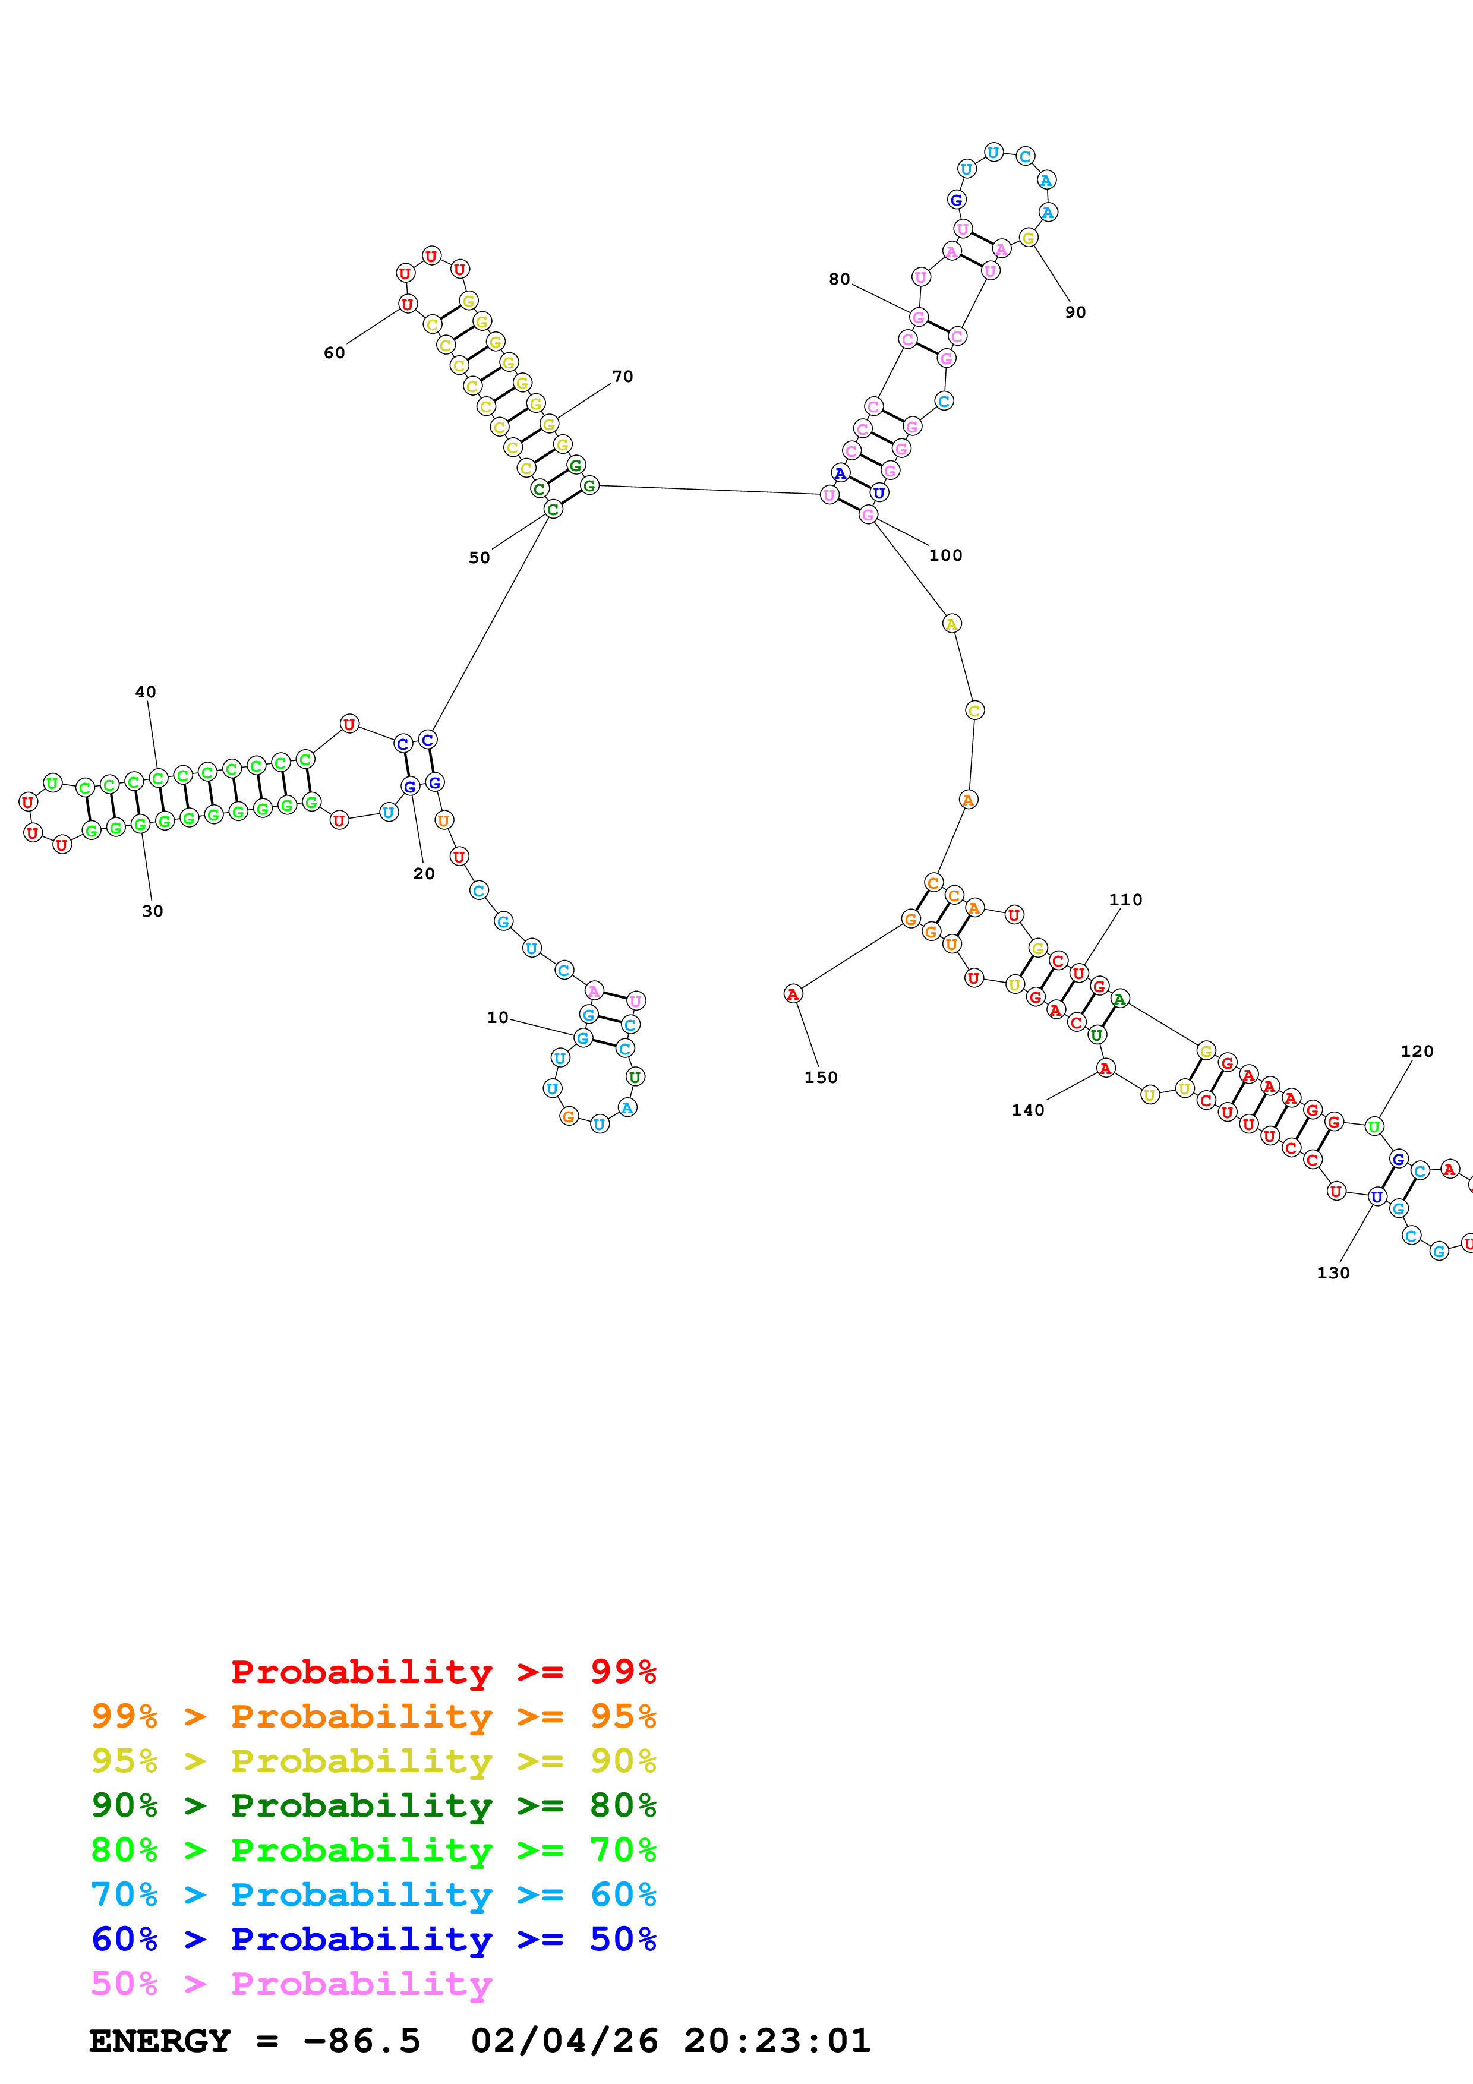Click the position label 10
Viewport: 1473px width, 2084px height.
click(497, 1018)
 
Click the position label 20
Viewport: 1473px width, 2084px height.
click(424, 874)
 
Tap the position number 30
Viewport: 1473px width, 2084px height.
click(153, 911)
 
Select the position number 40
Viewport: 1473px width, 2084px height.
click(145, 691)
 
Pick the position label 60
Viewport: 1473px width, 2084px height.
click(334, 353)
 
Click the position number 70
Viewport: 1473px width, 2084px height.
click(623, 377)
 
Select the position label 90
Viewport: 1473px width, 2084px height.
click(1075, 312)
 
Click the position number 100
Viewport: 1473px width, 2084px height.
click(946, 555)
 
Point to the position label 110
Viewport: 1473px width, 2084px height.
click(1125, 899)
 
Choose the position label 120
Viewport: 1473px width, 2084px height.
click(1417, 1051)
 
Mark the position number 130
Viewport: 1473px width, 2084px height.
click(1333, 1272)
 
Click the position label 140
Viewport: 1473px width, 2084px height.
click(1029, 1110)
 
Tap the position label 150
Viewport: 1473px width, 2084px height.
click(821, 1078)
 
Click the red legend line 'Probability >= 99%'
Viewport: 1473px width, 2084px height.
click(443, 1672)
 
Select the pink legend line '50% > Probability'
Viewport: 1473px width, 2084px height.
click(291, 1984)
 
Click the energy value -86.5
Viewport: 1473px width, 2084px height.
click(361, 2041)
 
